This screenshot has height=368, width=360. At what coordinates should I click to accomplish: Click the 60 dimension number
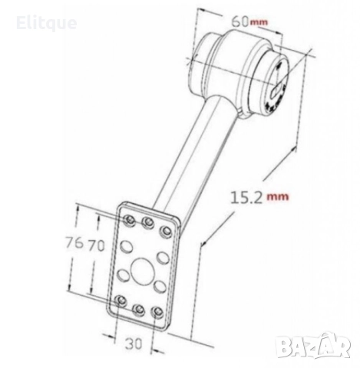(x=239, y=22)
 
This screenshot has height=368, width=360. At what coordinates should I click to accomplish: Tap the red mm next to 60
(x=259, y=23)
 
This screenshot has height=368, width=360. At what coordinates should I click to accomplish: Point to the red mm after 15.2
(x=278, y=196)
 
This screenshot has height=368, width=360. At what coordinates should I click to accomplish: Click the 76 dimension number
(x=75, y=244)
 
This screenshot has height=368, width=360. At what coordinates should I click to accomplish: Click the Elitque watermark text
(x=46, y=23)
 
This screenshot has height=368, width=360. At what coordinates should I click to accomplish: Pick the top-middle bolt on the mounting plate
(x=147, y=223)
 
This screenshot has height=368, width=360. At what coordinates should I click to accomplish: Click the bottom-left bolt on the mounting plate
(x=121, y=300)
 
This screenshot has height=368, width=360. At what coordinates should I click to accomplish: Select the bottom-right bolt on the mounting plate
(x=158, y=314)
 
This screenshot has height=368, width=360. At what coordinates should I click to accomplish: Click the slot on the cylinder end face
(x=274, y=91)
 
